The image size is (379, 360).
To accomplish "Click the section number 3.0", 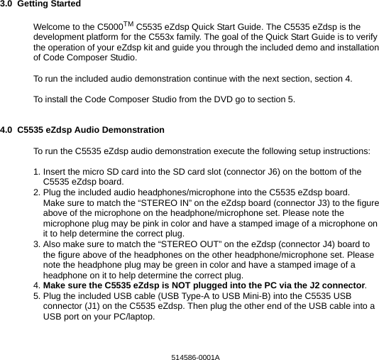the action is pos(6,4).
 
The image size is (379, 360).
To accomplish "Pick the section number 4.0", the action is pos(6,130).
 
